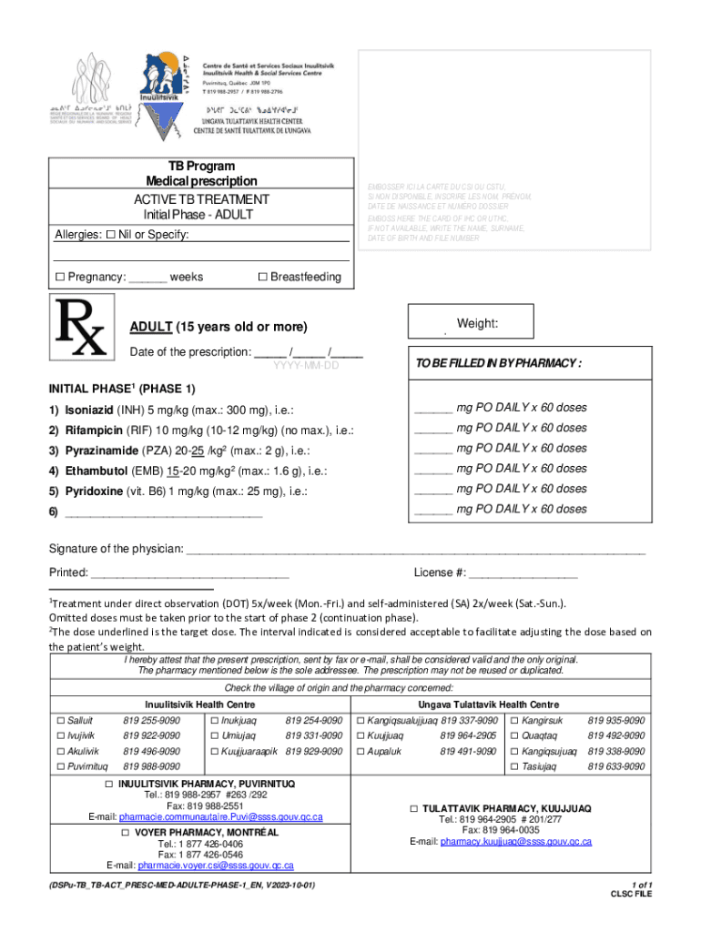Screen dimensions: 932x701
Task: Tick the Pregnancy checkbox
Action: pyautogui.click(x=60, y=277)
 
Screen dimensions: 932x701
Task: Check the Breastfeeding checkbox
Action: pyautogui.click(x=262, y=277)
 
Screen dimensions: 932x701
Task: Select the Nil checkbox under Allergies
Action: pyautogui.click(x=110, y=235)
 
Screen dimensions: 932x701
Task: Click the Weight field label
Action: pyautogui.click(x=477, y=324)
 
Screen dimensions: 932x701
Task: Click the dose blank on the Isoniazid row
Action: pyautogui.click(x=433, y=409)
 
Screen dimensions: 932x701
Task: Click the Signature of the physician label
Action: pyautogui.click(x=116, y=550)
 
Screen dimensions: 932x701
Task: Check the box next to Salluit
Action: pyautogui.click(x=60, y=721)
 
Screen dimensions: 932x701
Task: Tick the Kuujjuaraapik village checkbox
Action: pyautogui.click(x=215, y=752)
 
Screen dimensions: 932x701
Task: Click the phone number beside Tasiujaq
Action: pyautogui.click(x=616, y=767)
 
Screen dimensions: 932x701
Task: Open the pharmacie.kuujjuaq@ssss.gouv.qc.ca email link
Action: pyautogui.click(x=515, y=842)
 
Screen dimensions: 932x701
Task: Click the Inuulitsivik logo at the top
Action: pyautogui.click(x=162, y=91)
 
